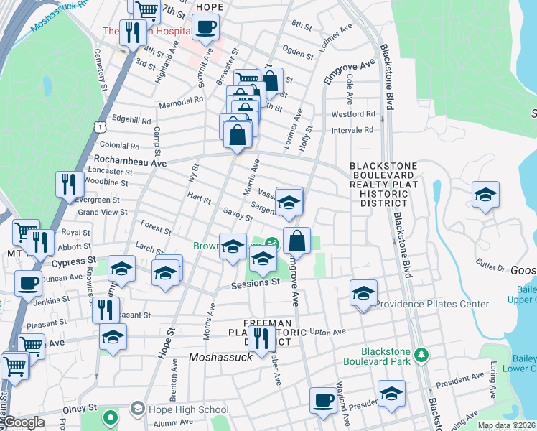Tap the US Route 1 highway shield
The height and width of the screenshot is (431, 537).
101,127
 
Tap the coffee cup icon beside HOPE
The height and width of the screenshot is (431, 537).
205,28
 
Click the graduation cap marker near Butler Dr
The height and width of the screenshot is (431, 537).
485,195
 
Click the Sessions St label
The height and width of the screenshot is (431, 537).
255,284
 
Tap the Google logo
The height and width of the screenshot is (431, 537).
24,423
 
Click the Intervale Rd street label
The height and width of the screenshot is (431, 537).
352,130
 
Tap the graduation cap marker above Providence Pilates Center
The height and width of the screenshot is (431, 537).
363,293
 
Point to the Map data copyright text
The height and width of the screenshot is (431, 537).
505,425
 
